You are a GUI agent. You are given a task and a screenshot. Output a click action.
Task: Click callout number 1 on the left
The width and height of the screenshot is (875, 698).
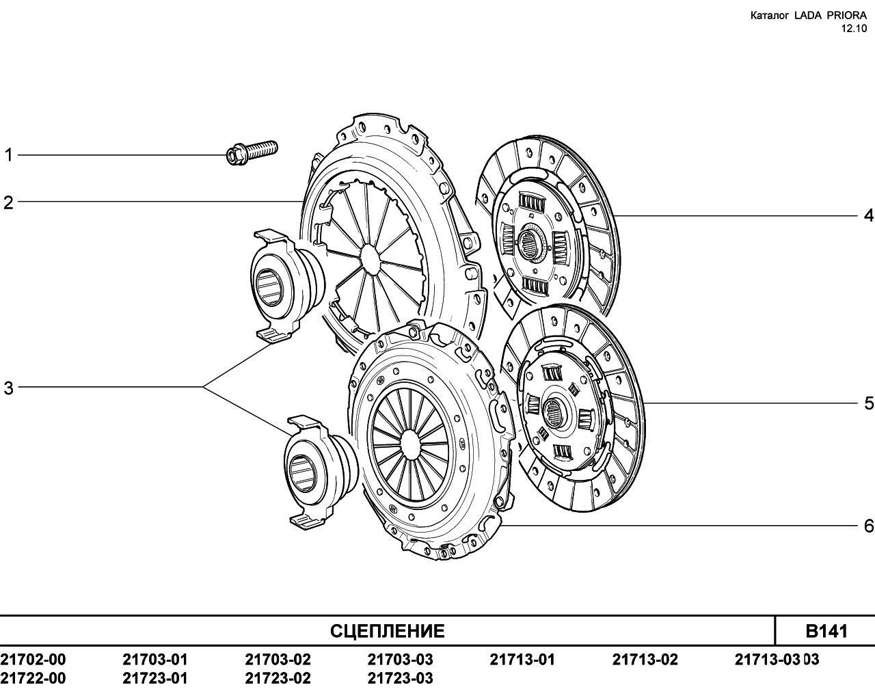coord(8,155)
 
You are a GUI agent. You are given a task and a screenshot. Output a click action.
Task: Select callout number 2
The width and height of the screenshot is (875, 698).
coord(8,202)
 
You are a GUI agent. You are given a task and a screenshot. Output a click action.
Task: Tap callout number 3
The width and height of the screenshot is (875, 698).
coord(8,388)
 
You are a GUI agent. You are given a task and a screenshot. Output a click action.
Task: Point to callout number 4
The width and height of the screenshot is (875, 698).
coord(868,215)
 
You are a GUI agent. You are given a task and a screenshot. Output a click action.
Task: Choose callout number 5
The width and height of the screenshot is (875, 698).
coord(869,403)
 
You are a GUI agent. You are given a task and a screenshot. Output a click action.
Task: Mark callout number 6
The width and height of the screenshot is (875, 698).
coord(869,526)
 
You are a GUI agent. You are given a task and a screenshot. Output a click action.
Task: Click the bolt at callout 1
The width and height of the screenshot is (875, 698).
coord(252,152)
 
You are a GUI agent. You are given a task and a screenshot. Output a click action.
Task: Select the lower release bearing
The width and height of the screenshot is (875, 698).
coord(319,472)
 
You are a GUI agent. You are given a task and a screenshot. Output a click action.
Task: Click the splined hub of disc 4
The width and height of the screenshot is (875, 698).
coord(533,243)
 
